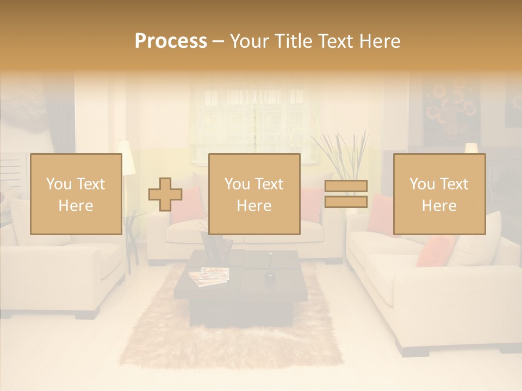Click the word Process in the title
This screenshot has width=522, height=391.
coord(171,41)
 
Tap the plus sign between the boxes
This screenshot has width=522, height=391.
coord(165,194)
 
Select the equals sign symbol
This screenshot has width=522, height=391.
coord(346,194)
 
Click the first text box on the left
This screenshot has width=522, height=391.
coord(76,194)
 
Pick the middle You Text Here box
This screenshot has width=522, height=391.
coord(254,194)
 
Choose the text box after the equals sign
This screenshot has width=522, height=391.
coord(439,194)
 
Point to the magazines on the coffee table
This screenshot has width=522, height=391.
coord(209,275)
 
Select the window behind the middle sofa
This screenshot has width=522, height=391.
coord(254,119)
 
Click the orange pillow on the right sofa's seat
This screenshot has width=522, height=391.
coord(435,251)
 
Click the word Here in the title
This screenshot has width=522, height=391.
coord(378,41)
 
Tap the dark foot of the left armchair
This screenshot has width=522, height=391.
coord(87,314)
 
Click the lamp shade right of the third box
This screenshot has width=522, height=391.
coord(471,148)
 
